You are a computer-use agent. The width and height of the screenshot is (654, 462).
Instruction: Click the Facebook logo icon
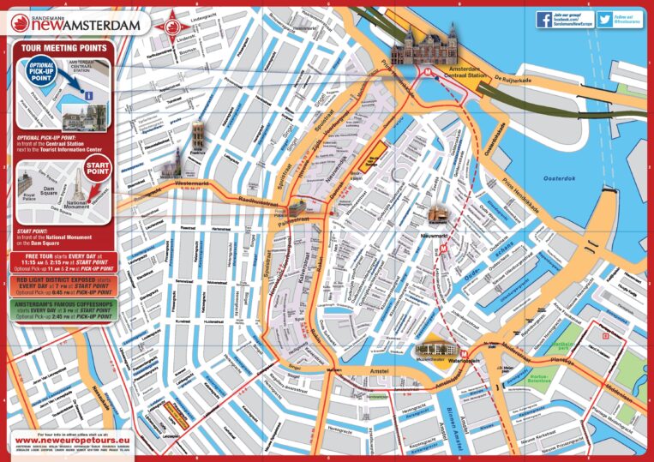[x=543, y=19]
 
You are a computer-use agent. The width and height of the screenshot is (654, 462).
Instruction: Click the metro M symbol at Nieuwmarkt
[x=444, y=243]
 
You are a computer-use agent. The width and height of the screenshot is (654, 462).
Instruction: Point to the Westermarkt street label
[x=192, y=183]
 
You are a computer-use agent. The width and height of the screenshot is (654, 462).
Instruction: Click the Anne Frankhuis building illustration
[x=198, y=136]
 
